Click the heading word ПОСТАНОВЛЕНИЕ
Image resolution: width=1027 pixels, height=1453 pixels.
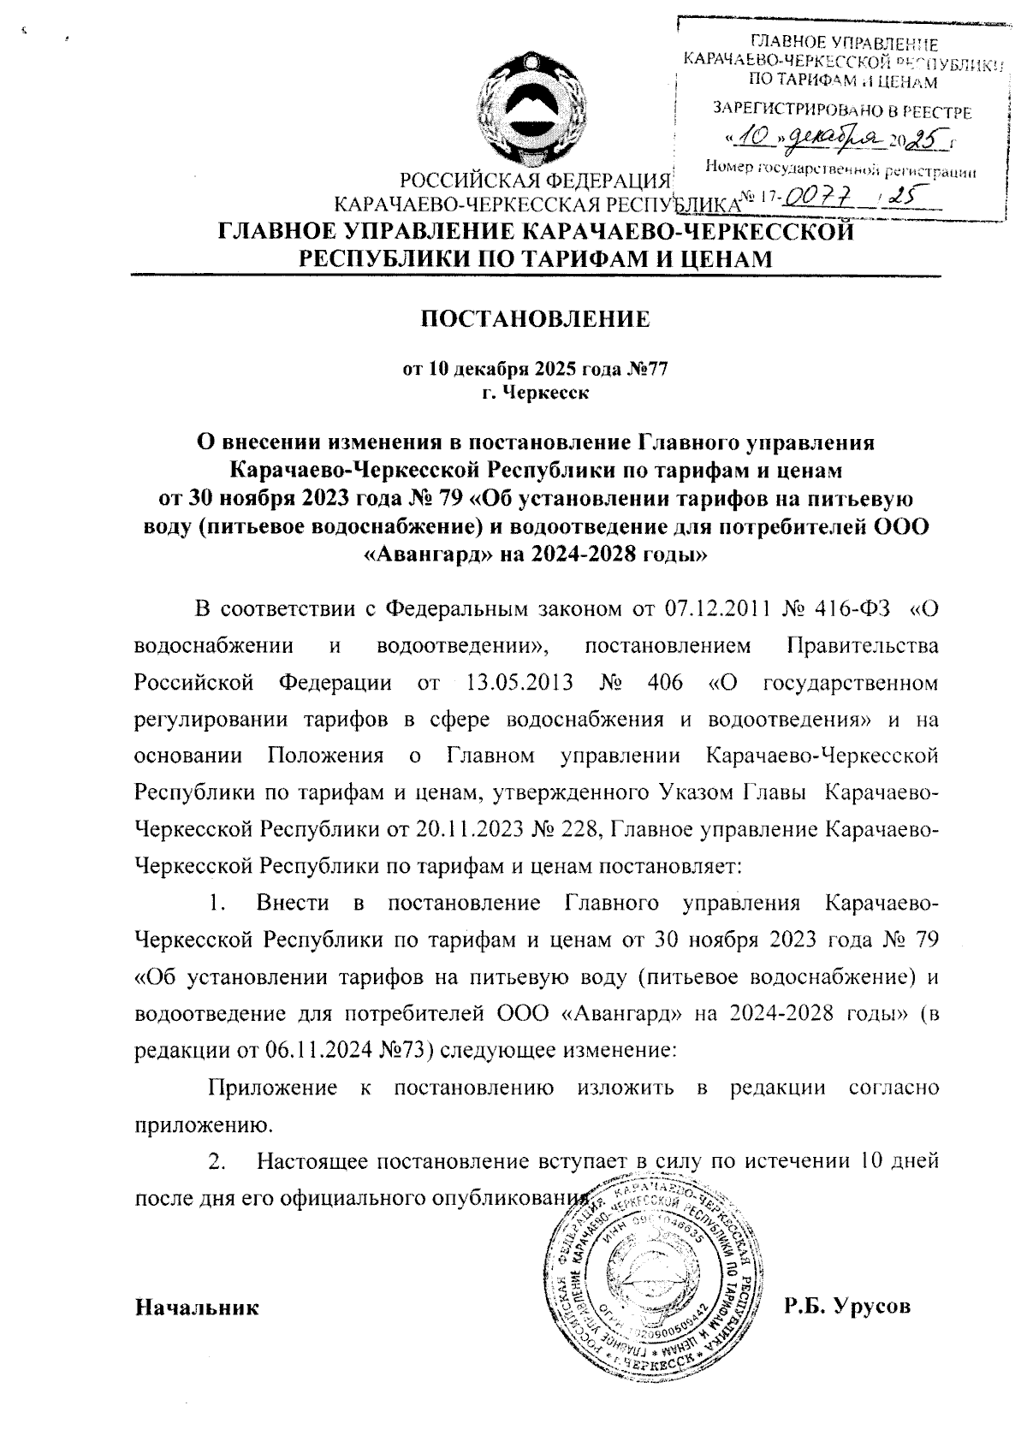click(x=534, y=320)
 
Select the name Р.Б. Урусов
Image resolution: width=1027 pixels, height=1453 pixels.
click(x=846, y=1307)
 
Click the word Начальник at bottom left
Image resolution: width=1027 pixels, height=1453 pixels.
click(x=197, y=1308)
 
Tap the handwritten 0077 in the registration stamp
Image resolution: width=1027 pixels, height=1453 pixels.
click(x=817, y=197)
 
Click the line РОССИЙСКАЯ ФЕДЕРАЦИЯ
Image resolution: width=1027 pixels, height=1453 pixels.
click(x=535, y=181)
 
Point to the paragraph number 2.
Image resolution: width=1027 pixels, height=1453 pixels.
click(x=217, y=1162)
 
